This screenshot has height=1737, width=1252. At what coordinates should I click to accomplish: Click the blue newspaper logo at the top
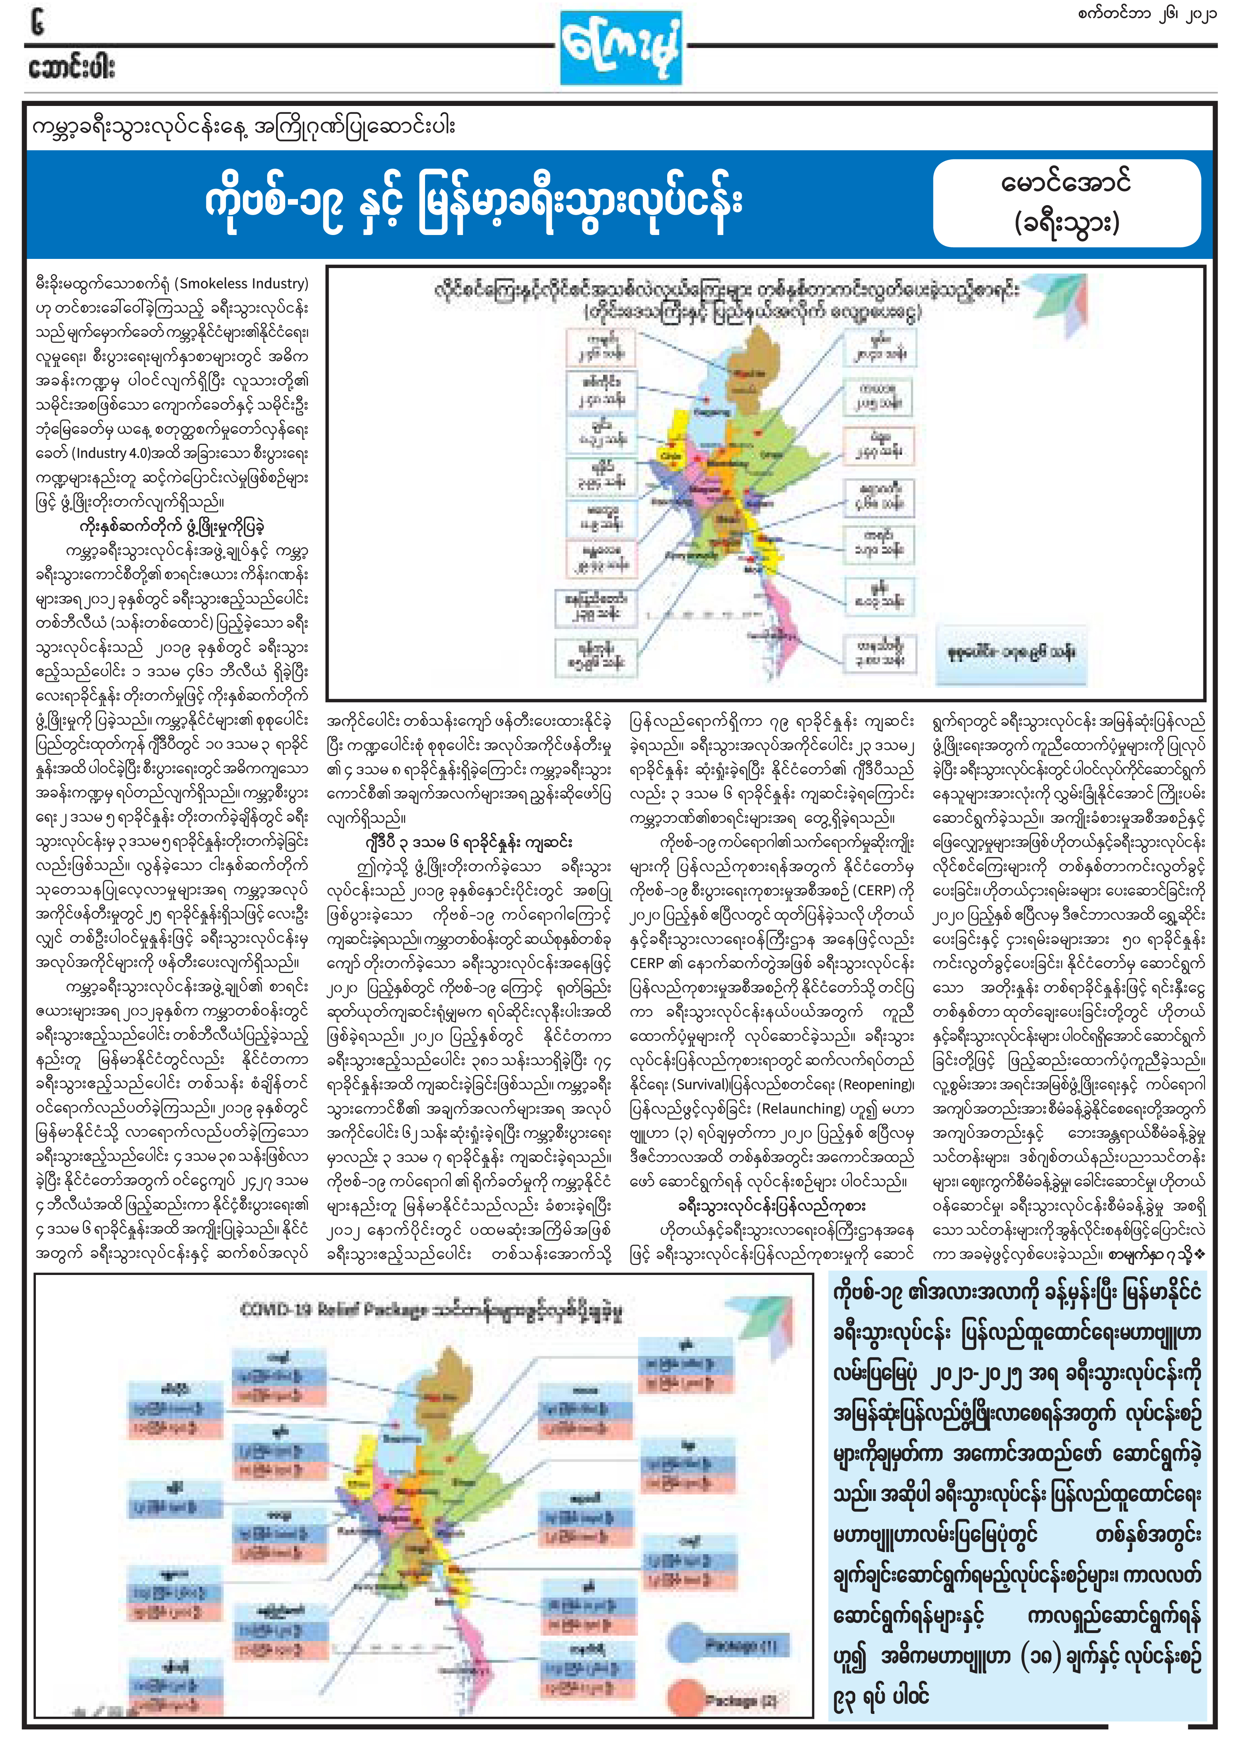pyautogui.click(x=620, y=47)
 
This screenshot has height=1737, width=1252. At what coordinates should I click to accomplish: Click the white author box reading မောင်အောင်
pyautogui.click(x=1066, y=203)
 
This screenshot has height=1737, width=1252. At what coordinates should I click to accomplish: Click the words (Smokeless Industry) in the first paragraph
pyautogui.click(x=241, y=283)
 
